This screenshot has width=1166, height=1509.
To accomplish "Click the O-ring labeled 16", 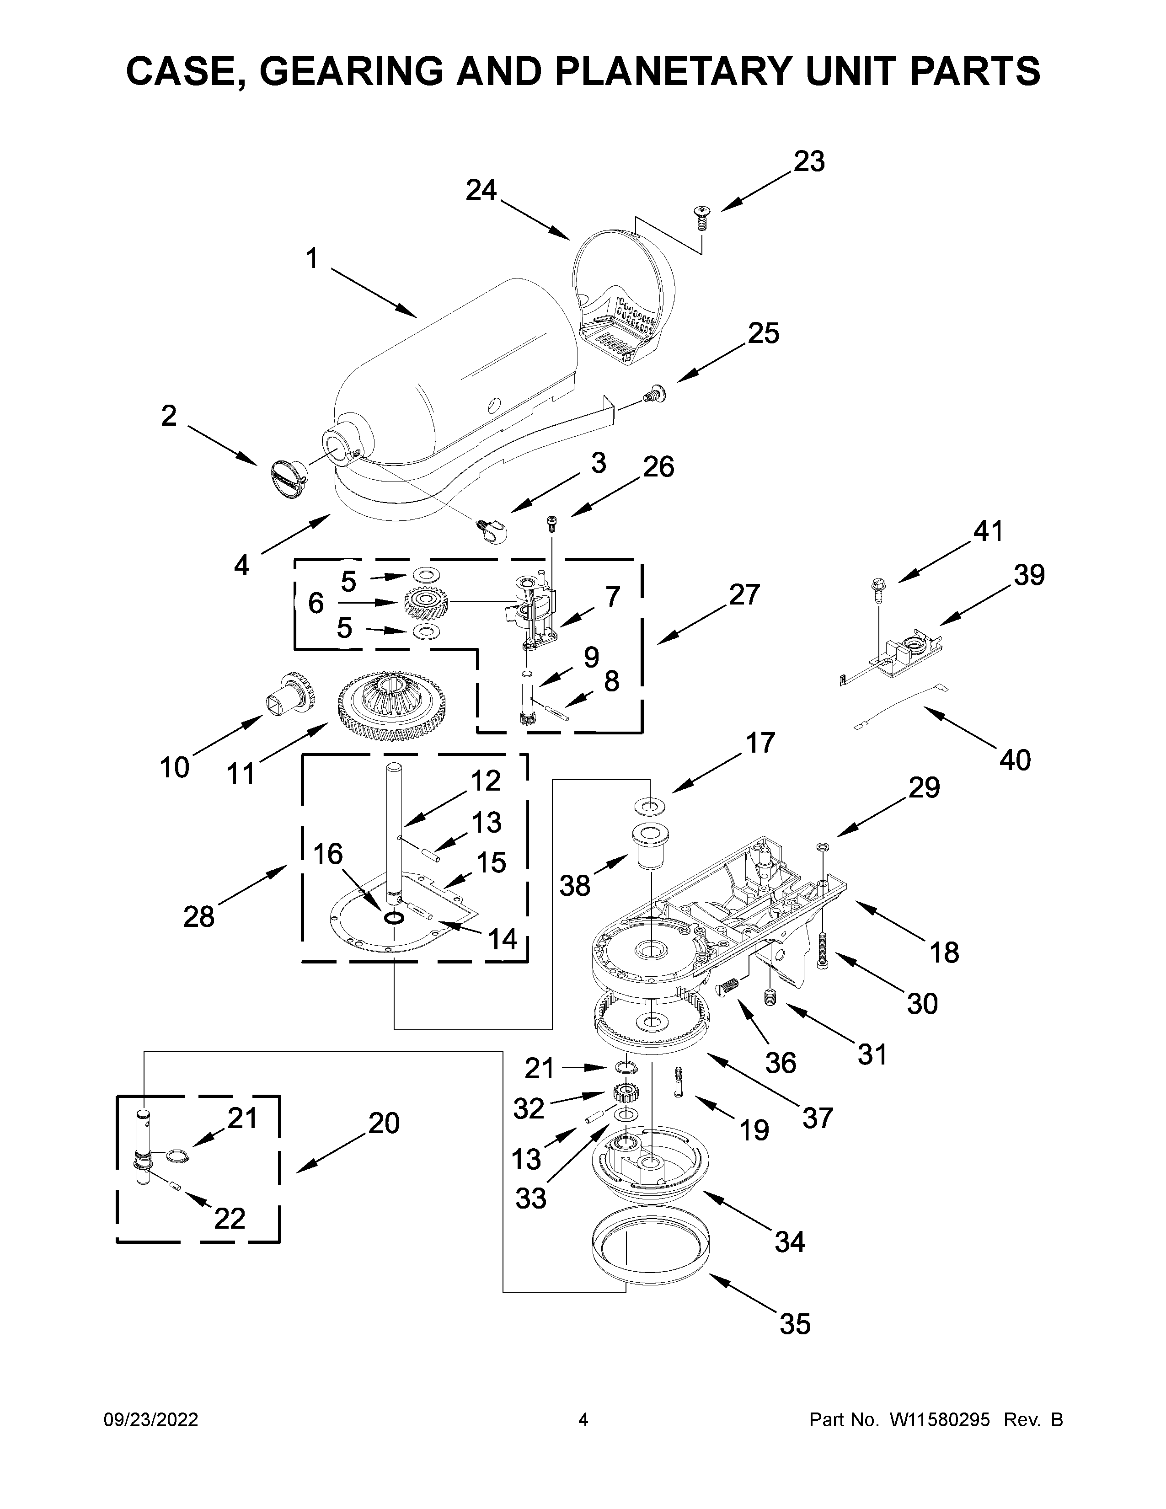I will [394, 918].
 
